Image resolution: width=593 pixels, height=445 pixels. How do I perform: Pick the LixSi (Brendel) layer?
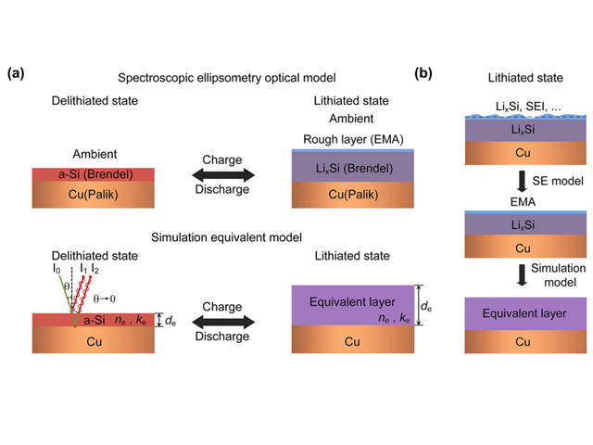pos(353,167)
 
